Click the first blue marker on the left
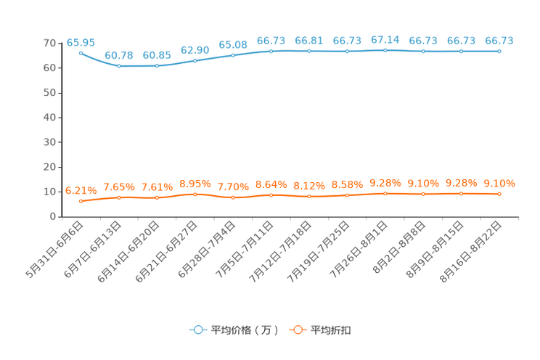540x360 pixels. click(x=81, y=53)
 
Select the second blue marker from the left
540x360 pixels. click(x=119, y=66)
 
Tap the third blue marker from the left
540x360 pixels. click(x=157, y=66)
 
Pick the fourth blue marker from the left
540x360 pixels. click(x=195, y=60)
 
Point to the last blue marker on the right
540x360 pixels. click(x=499, y=52)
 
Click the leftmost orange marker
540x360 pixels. click(x=81, y=201)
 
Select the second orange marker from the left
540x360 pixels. click(x=119, y=197)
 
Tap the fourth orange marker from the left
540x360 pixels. click(x=195, y=194)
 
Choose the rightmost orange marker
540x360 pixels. click(x=499, y=194)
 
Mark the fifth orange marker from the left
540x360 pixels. click(x=233, y=197)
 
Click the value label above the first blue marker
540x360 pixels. click(x=81, y=43)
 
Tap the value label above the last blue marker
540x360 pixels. click(x=499, y=41)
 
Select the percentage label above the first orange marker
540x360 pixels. click(x=81, y=191)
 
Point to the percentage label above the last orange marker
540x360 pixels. click(x=499, y=184)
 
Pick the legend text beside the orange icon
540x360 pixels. click(x=332, y=330)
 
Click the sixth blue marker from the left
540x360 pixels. click(x=271, y=51)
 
